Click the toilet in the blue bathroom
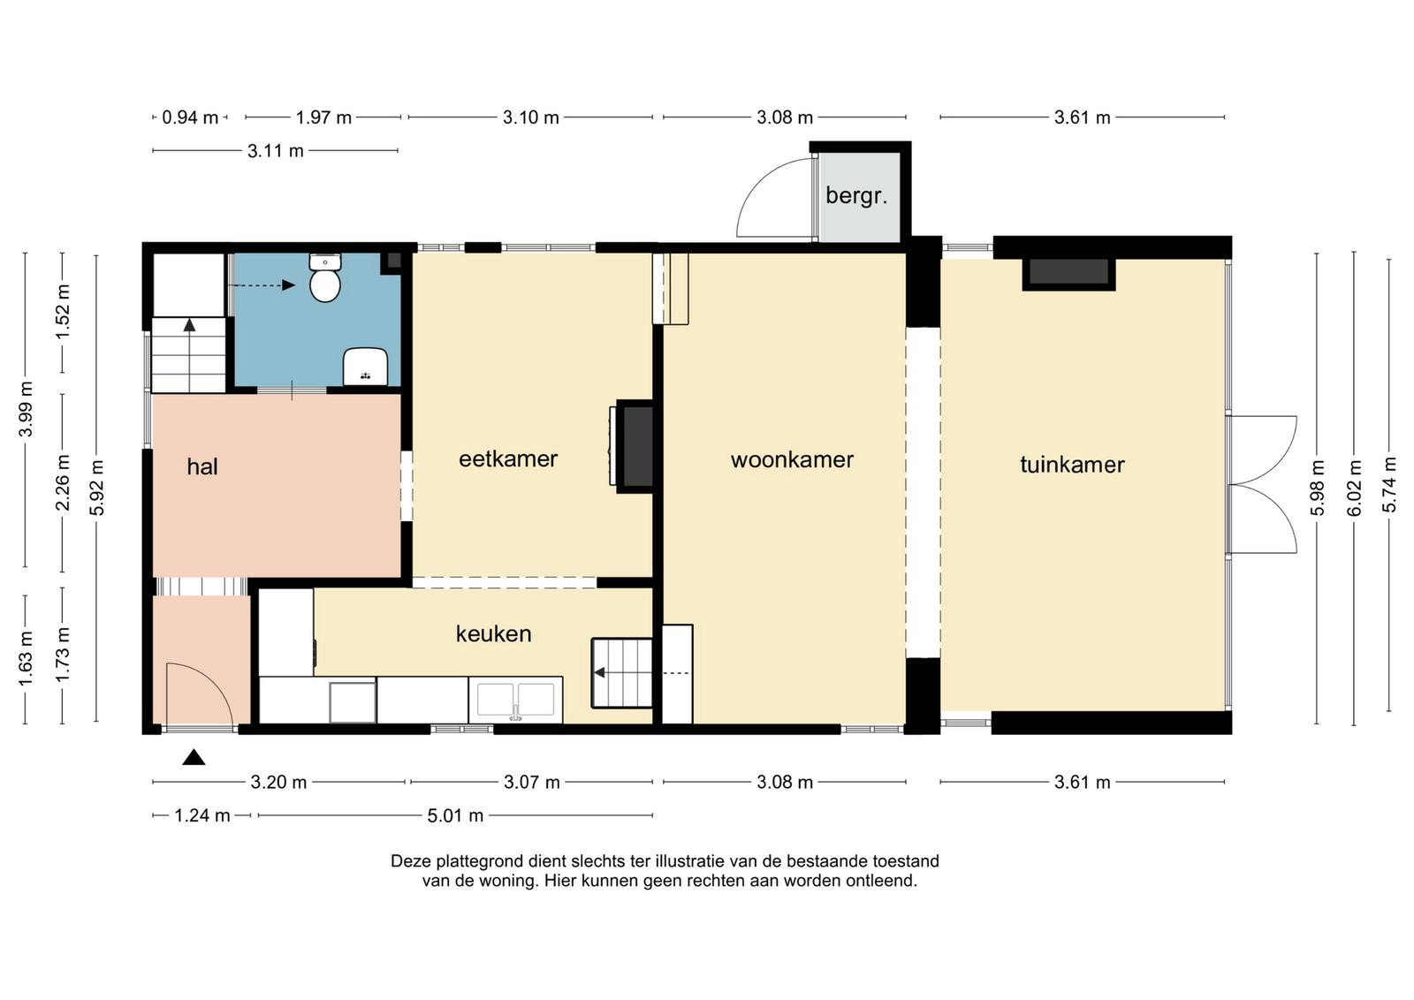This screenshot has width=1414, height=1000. (x=325, y=277)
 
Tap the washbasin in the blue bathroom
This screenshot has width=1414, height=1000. (x=365, y=367)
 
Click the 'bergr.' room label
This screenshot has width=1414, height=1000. (x=856, y=196)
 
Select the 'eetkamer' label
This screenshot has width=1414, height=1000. (x=508, y=458)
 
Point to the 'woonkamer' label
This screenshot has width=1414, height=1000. (x=792, y=459)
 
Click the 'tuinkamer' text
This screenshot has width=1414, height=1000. (x=1073, y=465)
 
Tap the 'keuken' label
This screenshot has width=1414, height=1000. (x=494, y=633)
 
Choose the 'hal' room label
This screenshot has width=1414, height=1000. (x=202, y=466)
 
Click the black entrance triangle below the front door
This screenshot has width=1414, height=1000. (x=194, y=757)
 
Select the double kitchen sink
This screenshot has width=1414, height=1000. (x=516, y=700)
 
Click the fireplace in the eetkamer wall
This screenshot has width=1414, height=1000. (x=634, y=446)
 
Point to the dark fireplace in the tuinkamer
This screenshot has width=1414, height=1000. (x=1068, y=273)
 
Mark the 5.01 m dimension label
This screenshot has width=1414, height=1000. (x=455, y=815)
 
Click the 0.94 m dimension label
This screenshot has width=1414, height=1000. (x=190, y=117)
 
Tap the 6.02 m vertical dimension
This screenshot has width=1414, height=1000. (x=1355, y=488)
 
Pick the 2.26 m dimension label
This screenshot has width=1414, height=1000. (x=63, y=482)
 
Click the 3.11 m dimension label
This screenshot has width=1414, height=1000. (x=275, y=151)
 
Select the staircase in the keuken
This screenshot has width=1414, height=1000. (x=622, y=672)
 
